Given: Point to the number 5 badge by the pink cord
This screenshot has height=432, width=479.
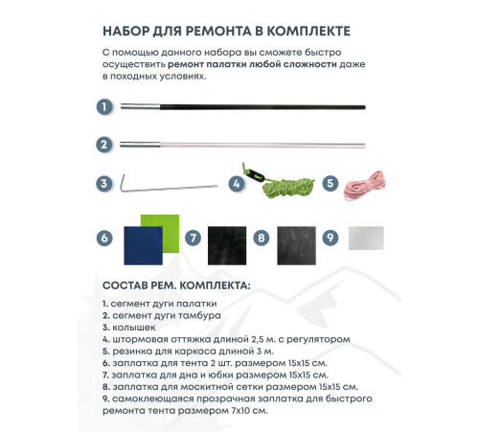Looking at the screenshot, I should pyautogui.click(x=330, y=183).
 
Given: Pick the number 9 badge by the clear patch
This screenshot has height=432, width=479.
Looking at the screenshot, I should pyautogui.click(x=330, y=237).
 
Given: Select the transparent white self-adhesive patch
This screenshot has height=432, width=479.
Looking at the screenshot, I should pyautogui.click(x=364, y=238).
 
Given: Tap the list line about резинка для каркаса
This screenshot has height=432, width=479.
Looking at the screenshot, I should pyautogui.click(x=187, y=351).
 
